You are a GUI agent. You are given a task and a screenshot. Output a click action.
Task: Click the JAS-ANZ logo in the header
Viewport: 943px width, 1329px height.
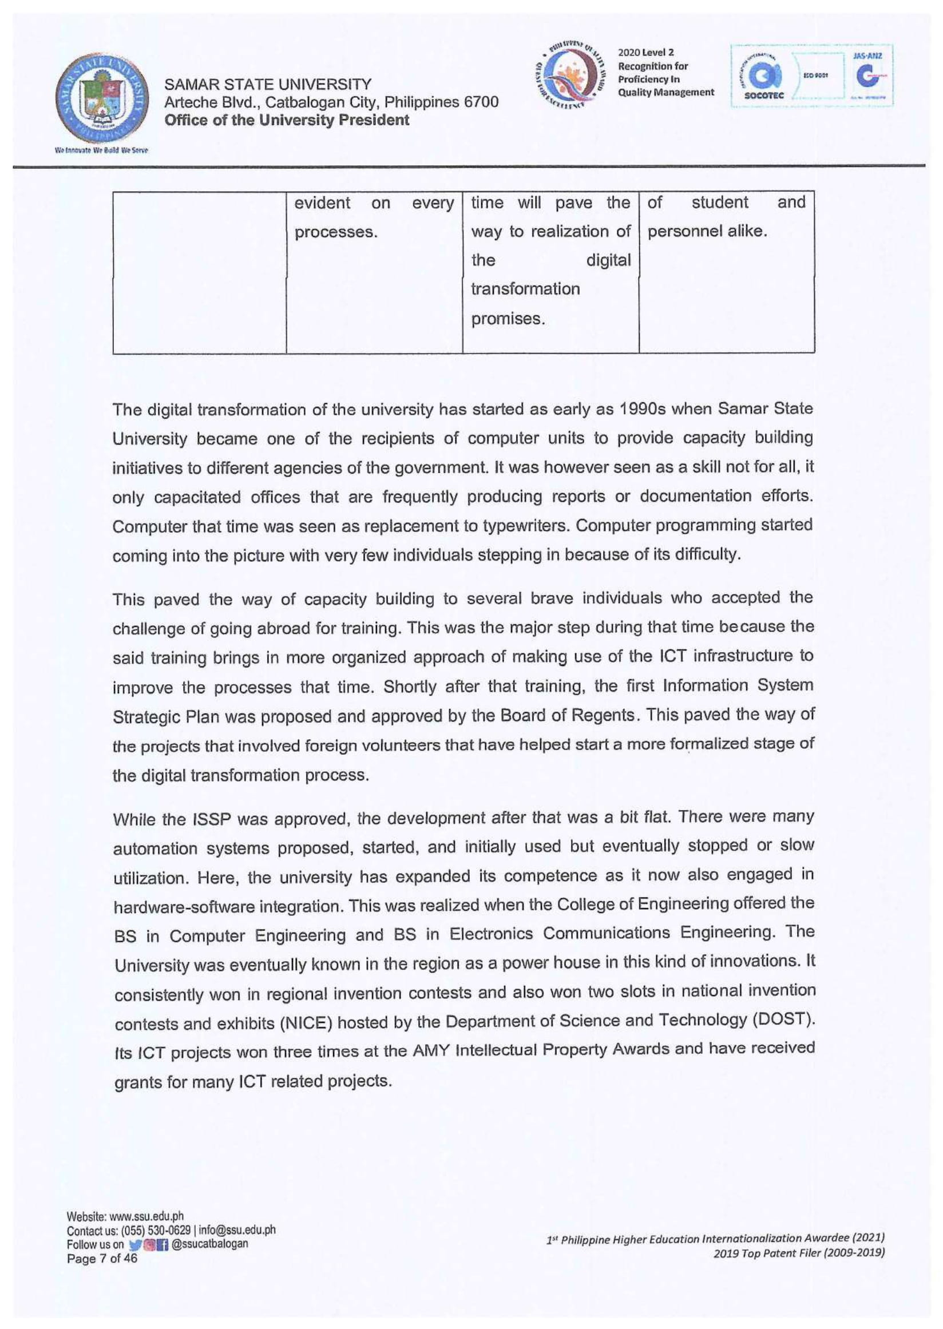pos(867,76)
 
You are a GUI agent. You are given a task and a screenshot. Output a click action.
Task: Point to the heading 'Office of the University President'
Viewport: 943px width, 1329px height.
pos(287,120)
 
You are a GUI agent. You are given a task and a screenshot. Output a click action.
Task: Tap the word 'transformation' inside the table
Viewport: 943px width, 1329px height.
pos(525,288)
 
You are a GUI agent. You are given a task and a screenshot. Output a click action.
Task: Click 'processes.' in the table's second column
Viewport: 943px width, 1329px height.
pos(336,232)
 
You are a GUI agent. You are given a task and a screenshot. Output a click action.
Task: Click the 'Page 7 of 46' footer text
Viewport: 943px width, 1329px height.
pos(102,1259)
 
